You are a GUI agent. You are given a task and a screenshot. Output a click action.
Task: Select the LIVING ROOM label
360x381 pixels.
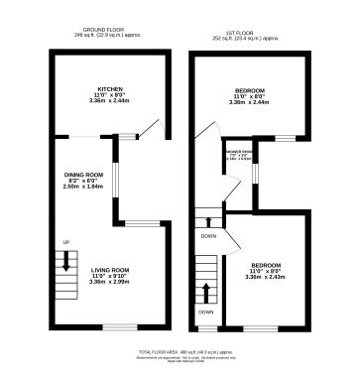(x=109, y=269)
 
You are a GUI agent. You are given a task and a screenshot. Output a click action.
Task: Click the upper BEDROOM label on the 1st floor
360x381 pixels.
(x=249, y=87)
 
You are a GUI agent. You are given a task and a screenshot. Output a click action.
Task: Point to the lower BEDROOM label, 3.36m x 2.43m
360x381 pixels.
(x=265, y=265)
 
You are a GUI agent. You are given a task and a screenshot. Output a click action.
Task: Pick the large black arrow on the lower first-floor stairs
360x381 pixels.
(x=206, y=292)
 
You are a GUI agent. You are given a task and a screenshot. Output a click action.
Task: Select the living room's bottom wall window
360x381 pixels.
(x=121, y=327)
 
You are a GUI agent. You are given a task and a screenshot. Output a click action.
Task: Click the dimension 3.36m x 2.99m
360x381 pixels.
(x=109, y=282)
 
